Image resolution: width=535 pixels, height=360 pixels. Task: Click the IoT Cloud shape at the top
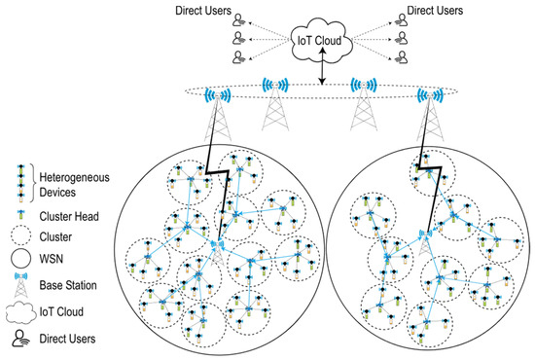(x=318, y=40)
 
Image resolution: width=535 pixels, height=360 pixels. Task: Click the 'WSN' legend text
(x=53, y=258)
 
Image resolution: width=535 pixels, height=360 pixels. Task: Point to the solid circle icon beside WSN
(x=19, y=258)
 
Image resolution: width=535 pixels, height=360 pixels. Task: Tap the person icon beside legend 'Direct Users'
(x=19, y=337)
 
